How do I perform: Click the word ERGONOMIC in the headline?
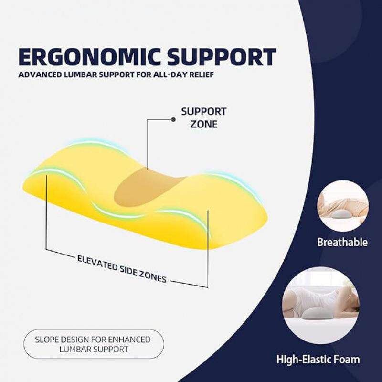[90, 57]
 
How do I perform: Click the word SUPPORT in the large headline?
[222, 57]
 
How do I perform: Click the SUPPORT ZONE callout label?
[204, 118]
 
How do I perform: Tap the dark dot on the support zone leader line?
[173, 119]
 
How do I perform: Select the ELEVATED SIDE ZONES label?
[122, 269]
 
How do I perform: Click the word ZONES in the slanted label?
[153, 277]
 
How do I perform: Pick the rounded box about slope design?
[94, 344]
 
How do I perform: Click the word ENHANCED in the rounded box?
[129, 340]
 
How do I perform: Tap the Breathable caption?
[342, 242]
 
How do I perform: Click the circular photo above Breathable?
[343, 206]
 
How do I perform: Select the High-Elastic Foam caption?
[318, 360]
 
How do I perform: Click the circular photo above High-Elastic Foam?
[320, 306]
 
